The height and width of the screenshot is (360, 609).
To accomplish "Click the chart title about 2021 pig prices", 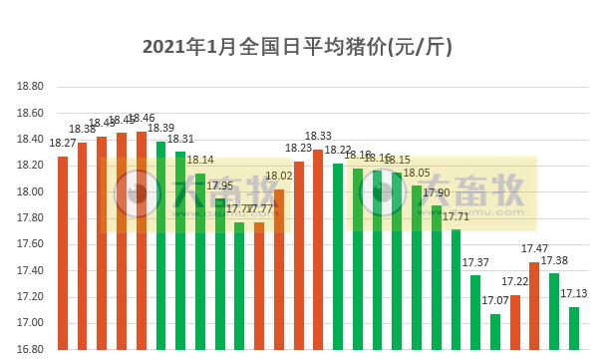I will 304,47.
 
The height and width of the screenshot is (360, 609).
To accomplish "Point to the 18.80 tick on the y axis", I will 31,87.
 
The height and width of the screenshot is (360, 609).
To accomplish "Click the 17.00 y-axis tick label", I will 31,323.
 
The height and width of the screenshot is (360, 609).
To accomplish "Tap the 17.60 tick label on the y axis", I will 31,244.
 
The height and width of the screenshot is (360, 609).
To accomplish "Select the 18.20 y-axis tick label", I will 31,166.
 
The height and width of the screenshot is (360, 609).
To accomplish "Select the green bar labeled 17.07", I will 495,332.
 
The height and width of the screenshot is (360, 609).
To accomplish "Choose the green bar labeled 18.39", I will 161,245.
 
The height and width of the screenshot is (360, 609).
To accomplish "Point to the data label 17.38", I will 554,260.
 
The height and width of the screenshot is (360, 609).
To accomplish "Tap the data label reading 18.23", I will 298,149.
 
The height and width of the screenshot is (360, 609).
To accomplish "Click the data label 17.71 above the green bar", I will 456,216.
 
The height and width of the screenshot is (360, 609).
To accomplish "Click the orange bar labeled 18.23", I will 299,255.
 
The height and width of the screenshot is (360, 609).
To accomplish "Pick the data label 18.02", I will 279,177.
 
